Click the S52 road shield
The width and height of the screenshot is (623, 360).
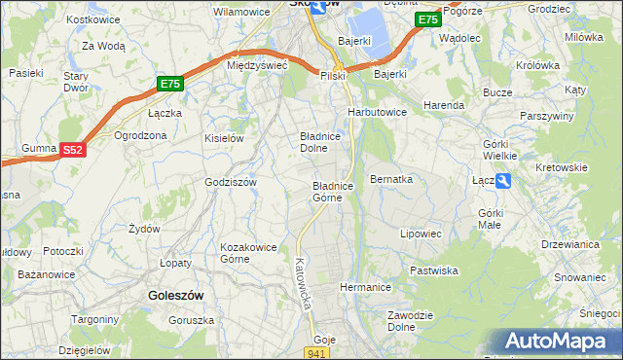(x=73, y=150)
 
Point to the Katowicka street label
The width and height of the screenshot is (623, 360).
(x=303, y=283)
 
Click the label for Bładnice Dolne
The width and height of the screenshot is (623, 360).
(x=318, y=143)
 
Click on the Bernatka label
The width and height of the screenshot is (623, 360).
(x=391, y=180)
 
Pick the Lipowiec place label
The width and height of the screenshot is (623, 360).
(x=421, y=234)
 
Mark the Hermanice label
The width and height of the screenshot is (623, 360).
(x=365, y=288)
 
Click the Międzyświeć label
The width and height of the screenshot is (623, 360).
(x=256, y=65)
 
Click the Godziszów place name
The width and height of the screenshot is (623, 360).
(x=230, y=182)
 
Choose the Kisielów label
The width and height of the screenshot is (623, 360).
(x=223, y=138)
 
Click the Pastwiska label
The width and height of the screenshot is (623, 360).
(x=434, y=270)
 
